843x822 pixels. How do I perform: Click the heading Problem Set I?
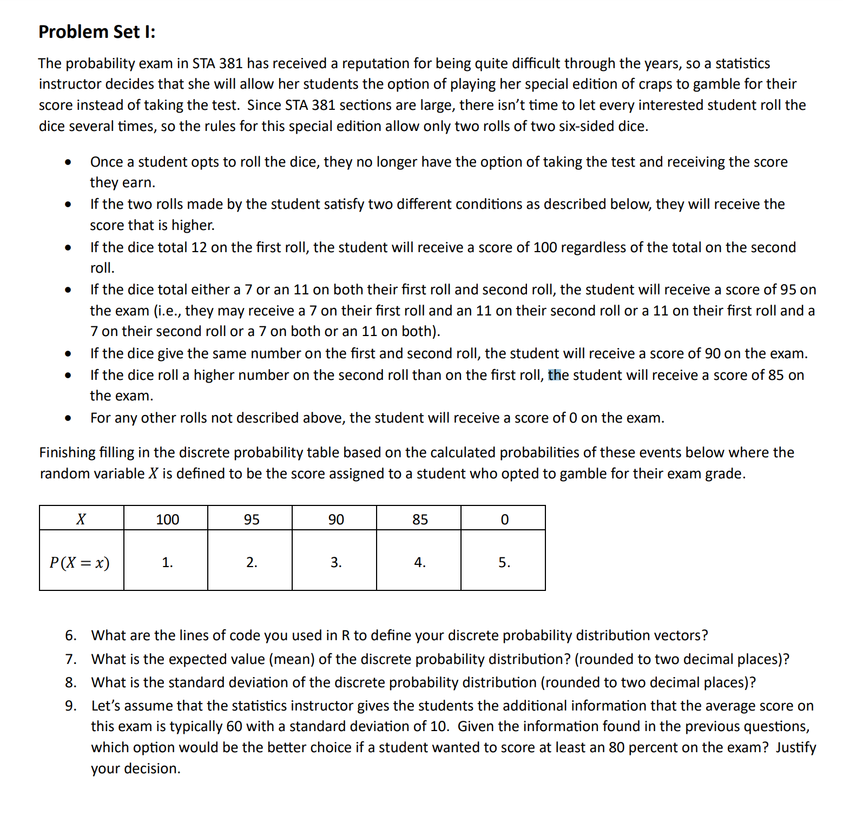coord(97,32)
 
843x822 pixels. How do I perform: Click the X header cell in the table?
coord(81,519)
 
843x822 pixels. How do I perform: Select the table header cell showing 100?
coord(167,519)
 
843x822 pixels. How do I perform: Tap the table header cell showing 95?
coord(252,519)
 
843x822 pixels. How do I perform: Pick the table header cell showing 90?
coord(336,519)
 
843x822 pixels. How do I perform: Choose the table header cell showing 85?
coord(420,519)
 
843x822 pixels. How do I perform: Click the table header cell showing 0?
coord(504,519)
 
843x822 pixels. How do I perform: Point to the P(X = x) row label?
coord(80,563)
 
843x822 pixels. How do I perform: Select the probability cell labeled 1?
coord(167,563)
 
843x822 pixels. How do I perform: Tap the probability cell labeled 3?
coord(336,563)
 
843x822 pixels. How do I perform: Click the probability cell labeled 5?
coord(504,563)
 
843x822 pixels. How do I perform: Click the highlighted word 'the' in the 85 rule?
coord(558,375)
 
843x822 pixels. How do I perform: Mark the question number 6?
coord(70,635)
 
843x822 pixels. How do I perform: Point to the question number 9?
coord(70,706)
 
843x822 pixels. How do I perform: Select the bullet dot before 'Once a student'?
coord(68,162)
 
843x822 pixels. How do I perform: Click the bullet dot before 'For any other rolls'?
coord(68,418)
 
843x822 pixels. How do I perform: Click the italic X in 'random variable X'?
coord(153,474)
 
